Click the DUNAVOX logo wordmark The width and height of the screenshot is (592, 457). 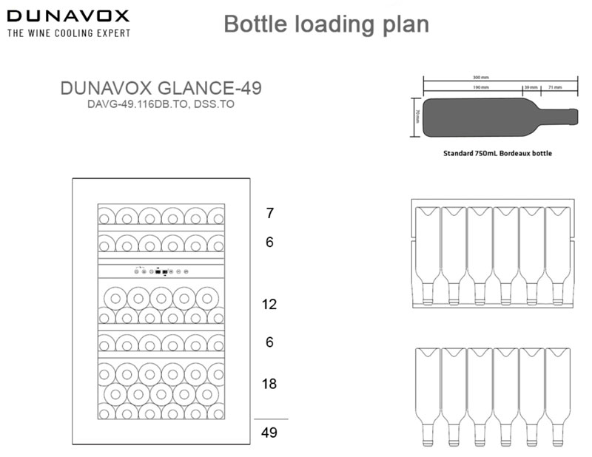click(67, 16)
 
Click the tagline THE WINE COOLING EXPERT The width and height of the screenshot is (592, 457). click(69, 33)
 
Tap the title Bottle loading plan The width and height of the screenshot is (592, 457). click(326, 24)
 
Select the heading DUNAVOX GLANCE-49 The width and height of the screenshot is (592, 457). click(160, 89)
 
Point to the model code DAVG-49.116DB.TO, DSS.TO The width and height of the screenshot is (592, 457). click(160, 104)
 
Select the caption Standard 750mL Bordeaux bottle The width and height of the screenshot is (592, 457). click(497, 154)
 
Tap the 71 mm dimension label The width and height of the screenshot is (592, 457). click(556, 87)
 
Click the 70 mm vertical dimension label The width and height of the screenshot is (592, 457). click(417, 116)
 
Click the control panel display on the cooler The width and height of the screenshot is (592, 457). click(163, 270)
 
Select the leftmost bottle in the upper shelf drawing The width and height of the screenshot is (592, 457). click(428, 251)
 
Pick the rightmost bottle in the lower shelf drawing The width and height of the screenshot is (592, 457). click(557, 396)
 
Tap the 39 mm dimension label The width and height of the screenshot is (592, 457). click(530, 87)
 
